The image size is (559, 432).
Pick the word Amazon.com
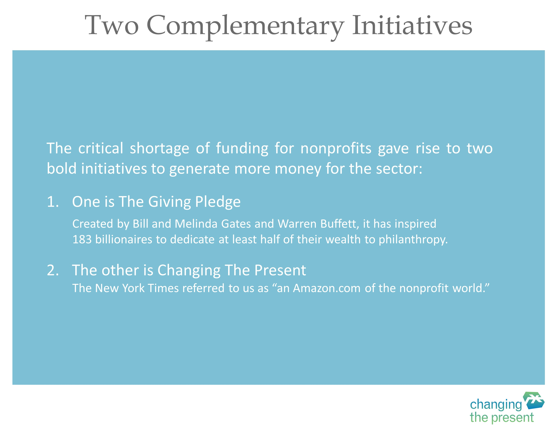327,288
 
